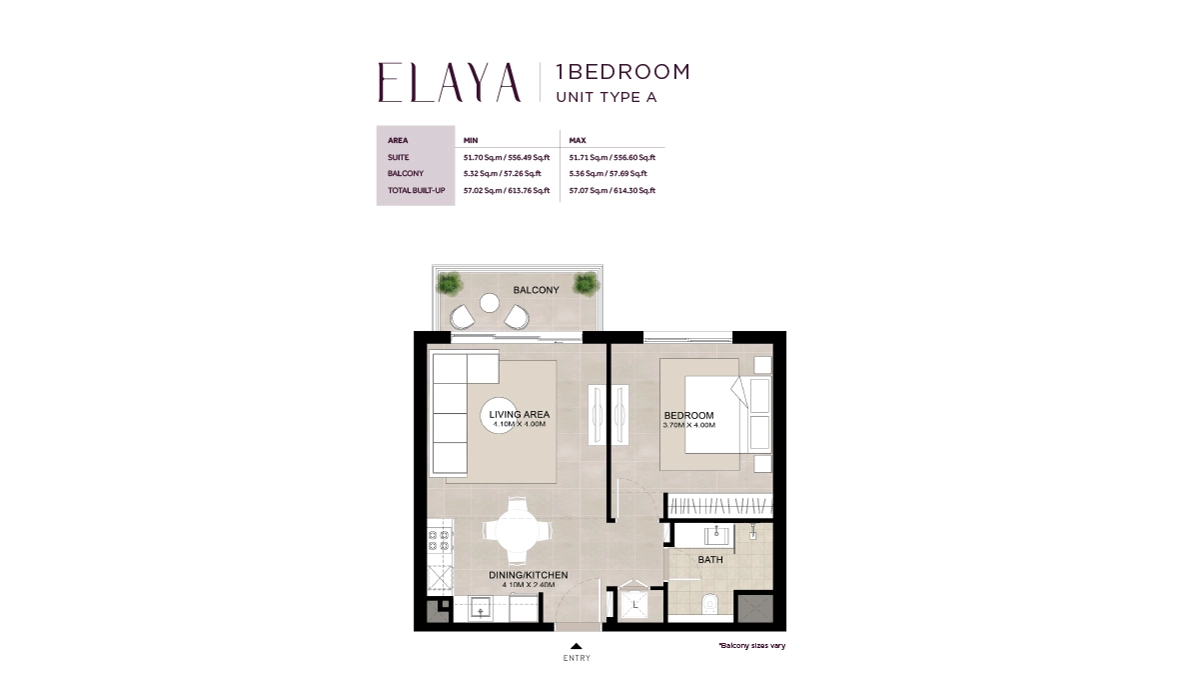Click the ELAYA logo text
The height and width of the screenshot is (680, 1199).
[450, 82]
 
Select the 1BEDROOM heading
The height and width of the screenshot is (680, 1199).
[622, 72]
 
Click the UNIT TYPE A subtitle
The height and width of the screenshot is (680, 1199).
[605, 97]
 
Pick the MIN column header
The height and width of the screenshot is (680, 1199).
[472, 141]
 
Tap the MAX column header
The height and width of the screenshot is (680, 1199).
[577, 141]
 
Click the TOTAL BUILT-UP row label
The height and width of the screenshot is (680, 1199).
[416, 190]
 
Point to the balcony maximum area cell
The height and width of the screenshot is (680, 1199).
[611, 173]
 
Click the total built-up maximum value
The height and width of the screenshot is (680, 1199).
[611, 190]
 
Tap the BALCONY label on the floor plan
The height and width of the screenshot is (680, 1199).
[536, 290]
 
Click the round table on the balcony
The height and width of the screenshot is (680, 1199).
[490, 302]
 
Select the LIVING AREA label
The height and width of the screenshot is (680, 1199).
[519, 414]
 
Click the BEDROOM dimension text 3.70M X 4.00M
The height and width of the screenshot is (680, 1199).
[688, 425]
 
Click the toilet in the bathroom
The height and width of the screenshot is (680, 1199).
[710, 602]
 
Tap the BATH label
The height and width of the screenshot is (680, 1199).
[710, 560]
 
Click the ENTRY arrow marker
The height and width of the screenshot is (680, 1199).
[577, 646]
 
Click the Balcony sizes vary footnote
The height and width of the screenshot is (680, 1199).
[751, 646]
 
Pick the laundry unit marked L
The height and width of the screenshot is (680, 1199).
[634, 604]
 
